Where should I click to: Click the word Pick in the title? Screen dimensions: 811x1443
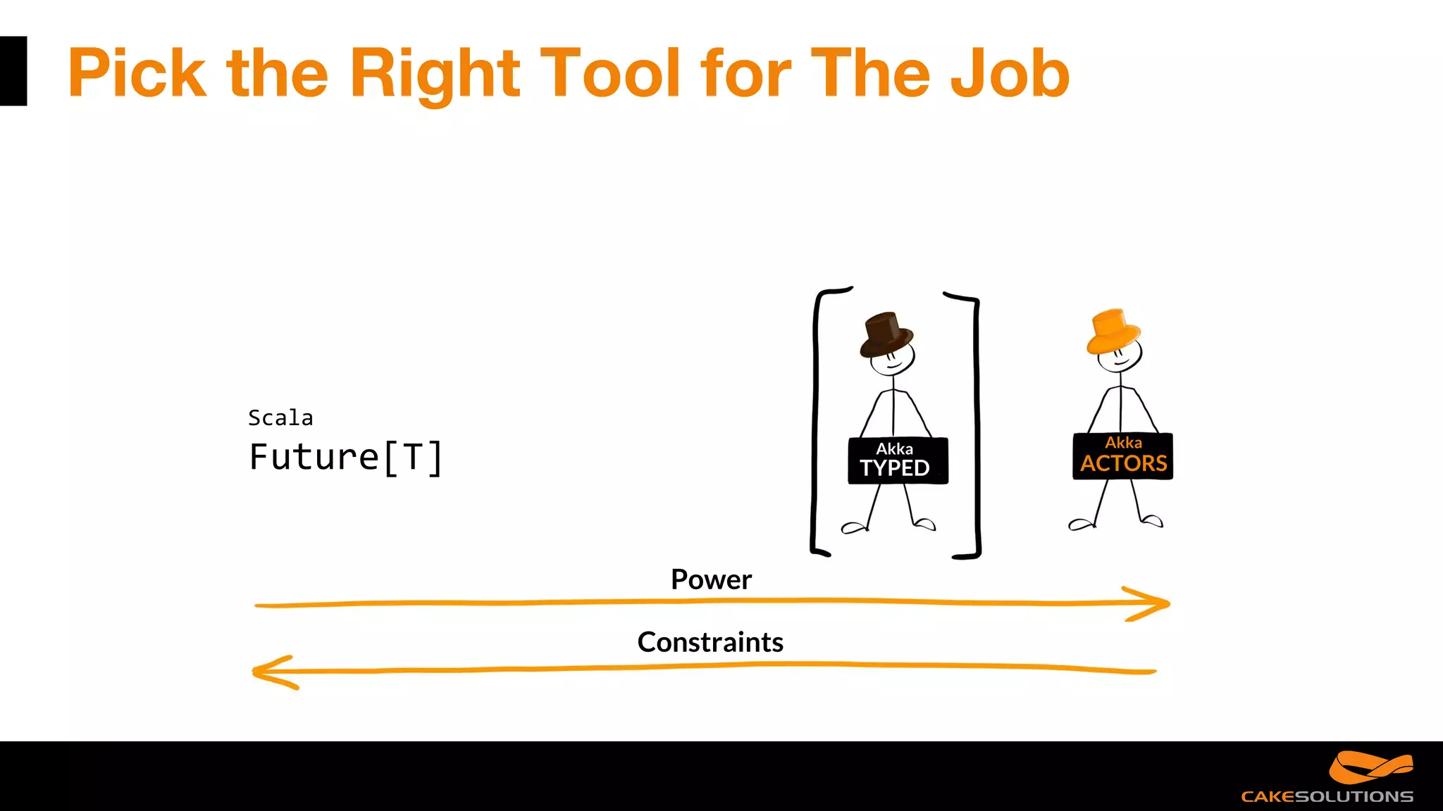[137, 73]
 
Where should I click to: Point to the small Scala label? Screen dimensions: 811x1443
[280, 418]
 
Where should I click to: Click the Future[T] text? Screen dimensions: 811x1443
[346, 458]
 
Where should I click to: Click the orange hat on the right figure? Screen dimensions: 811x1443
[1113, 331]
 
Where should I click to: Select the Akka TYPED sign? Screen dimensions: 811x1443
[898, 460]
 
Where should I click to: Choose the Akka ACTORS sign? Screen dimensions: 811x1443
[1122, 456]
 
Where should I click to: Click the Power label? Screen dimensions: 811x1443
[711, 579]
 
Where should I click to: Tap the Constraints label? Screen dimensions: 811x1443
[710, 642]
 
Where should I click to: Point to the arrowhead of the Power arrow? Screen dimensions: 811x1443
[1156, 603]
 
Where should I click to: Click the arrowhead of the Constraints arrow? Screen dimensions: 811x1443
[268, 672]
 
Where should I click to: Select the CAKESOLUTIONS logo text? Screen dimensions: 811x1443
[1327, 796]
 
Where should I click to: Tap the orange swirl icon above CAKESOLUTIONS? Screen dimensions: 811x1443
[1370, 767]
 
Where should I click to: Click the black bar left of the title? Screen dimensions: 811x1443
[13, 71]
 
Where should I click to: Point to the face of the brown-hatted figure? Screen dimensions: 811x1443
[893, 358]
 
